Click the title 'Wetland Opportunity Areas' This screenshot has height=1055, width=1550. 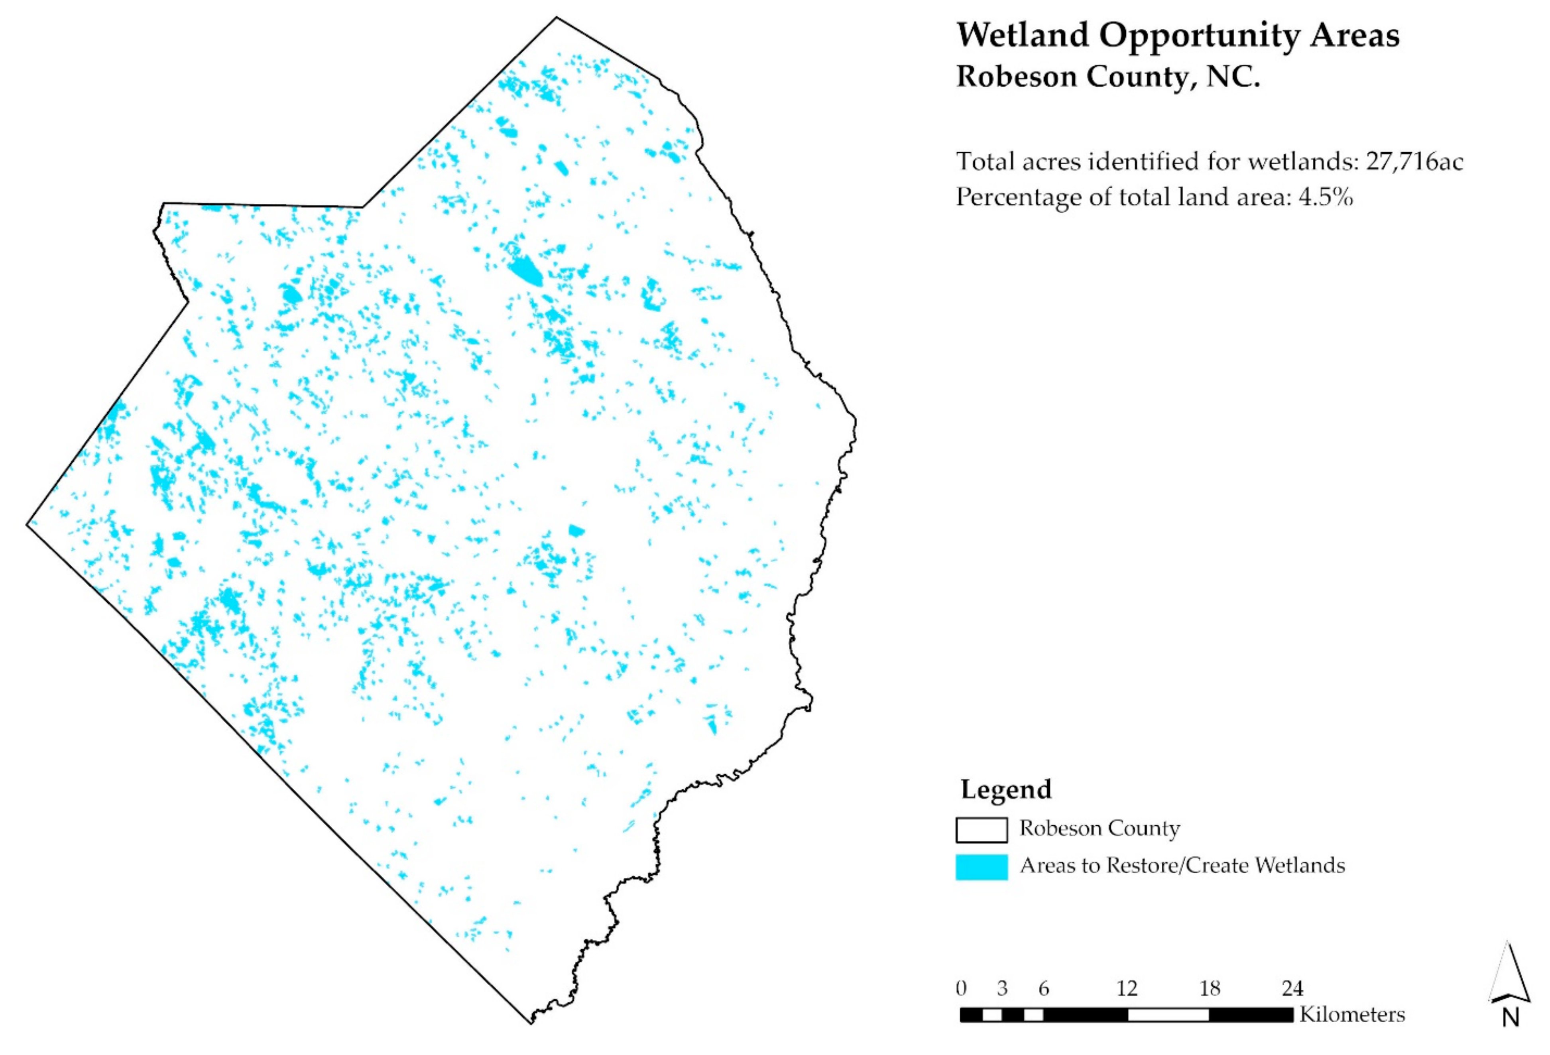(x=1177, y=36)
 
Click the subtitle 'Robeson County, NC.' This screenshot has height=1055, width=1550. (x=1107, y=77)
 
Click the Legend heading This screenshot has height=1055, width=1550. (x=1006, y=789)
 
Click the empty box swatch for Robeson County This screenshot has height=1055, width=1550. (x=981, y=830)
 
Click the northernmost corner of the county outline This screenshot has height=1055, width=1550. (x=556, y=18)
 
